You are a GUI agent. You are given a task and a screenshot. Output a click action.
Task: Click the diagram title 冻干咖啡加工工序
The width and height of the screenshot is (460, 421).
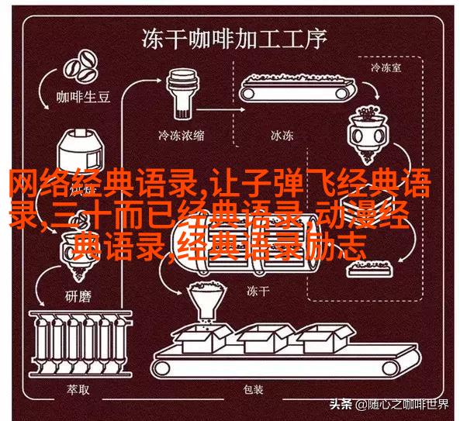(x=234, y=38)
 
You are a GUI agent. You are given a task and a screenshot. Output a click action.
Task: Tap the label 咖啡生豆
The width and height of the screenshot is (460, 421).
(x=83, y=97)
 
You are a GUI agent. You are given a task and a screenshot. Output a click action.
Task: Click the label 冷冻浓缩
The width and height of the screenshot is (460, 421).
(x=181, y=136)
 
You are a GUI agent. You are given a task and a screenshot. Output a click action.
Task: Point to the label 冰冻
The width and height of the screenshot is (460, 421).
(x=282, y=136)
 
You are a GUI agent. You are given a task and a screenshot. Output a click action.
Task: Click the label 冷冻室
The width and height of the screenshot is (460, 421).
(x=386, y=67)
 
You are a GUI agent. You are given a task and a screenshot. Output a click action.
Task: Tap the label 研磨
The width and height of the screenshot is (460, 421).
(x=78, y=296)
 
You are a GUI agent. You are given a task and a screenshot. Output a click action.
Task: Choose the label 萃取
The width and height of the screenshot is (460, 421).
(x=78, y=390)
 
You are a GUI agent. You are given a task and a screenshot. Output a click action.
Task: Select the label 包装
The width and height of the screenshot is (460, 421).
(x=253, y=390)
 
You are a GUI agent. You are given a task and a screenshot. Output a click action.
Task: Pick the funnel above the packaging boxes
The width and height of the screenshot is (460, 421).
(x=207, y=301)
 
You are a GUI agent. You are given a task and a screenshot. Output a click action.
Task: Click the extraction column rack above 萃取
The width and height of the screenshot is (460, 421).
(x=81, y=343)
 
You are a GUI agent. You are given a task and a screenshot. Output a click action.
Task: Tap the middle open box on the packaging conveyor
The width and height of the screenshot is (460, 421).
(x=265, y=339)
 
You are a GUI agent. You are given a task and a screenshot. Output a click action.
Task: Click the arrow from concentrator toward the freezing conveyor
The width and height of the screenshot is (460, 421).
(x=220, y=109)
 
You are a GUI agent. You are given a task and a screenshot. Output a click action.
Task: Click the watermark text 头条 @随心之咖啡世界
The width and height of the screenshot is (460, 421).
(x=389, y=405)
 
